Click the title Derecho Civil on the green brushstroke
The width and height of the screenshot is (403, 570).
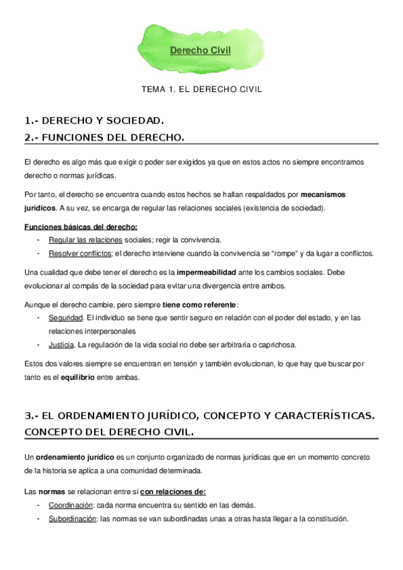pos(200,50)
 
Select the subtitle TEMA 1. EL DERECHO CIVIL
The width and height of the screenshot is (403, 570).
pos(201,89)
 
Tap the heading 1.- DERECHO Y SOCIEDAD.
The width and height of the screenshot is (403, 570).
pos(94,121)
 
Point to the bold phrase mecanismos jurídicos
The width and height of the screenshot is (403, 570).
pos(322,194)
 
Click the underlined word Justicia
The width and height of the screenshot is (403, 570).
pos(61,345)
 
